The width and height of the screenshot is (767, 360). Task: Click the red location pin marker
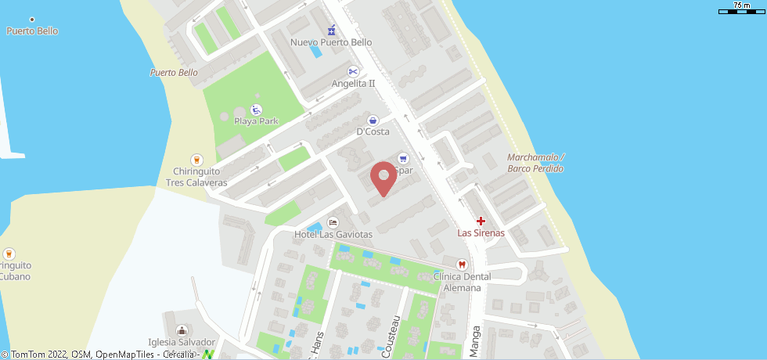383,178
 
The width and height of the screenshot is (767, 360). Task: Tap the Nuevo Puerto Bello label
331,42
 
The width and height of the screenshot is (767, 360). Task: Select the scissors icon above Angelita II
353,71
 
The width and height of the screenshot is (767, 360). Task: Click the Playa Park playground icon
256,110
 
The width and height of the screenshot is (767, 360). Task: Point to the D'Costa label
373,131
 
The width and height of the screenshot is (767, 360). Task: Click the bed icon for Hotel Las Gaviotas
333,222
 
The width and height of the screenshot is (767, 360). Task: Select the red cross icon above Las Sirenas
481,221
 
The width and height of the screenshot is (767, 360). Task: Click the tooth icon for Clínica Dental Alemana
462,265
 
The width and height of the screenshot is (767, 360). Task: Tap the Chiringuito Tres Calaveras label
196,177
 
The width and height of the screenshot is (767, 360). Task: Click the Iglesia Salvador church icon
182,330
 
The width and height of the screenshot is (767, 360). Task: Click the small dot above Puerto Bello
31,19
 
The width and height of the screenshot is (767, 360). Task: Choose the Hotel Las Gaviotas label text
333,234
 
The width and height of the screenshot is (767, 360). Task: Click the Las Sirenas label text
481,233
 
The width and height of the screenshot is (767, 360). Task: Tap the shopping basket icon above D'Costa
373,121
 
